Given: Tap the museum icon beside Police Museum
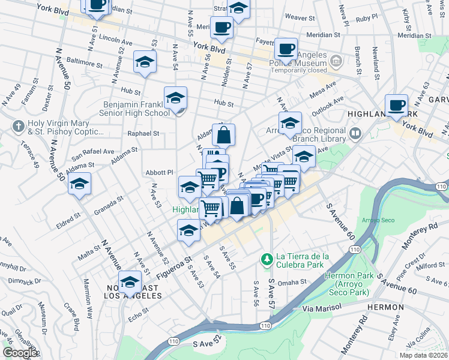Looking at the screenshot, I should [336, 61].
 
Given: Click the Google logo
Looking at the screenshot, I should [20, 353].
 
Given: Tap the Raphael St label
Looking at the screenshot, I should [143, 134].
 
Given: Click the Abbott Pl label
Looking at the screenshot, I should [159, 172].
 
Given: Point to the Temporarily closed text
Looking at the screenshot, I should [299, 70].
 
